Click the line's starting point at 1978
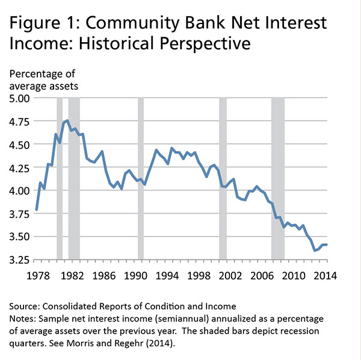(37, 210)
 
